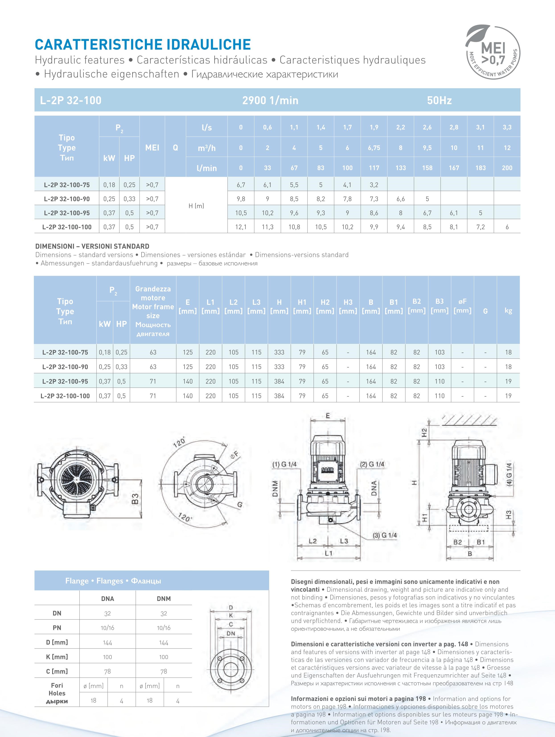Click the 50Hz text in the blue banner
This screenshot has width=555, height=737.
coord(439,100)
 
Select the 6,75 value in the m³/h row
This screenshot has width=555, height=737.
coord(374,148)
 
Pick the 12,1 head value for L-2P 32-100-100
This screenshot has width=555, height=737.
coord(241,227)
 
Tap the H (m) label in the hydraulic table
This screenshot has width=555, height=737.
coord(196,206)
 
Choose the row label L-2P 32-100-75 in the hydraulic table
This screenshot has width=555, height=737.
coord(67,185)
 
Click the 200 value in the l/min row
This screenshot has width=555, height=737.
coord(507,168)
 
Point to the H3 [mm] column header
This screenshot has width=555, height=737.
coord(348,307)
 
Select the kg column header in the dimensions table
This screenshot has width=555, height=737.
coord(508,311)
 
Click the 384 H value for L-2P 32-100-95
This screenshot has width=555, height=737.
coord(279,381)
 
